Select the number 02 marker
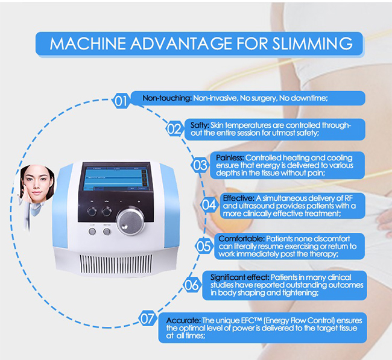click(174, 128)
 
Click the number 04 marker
click(209, 204)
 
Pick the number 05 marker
click(204, 245)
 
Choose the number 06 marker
click(191, 283)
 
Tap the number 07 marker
click(148, 319)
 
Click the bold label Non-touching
click(167, 98)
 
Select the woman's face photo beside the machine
click(34, 188)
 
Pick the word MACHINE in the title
click(84, 43)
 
